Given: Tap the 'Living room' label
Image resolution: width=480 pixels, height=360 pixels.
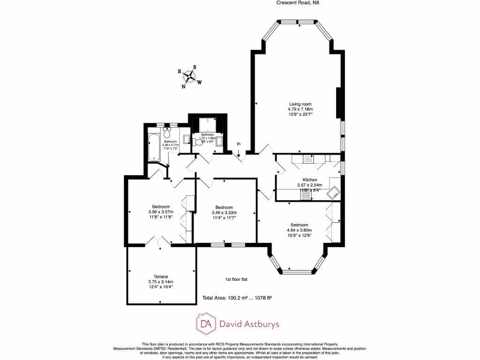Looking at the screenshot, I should tap(300, 104).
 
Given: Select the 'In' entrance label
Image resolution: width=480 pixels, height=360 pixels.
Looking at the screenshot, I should tap(239, 143).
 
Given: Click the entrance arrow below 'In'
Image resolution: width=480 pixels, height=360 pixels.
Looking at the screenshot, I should tap(239, 152).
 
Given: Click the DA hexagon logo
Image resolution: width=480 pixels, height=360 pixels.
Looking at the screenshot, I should tap(205, 323).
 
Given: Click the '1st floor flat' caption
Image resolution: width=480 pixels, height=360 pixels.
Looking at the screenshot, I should tap(236, 279).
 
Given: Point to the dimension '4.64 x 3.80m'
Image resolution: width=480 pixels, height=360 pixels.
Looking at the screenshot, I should tap(299, 230).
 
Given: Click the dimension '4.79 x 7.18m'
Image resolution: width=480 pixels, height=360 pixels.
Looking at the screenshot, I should tap(300, 109).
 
